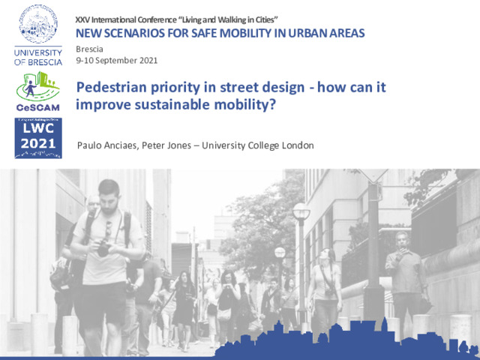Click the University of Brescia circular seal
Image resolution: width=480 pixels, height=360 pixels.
click(x=38, y=23)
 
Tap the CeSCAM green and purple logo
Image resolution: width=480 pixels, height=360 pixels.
click(x=38, y=91)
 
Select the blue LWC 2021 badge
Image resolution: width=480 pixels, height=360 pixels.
click(x=38, y=138)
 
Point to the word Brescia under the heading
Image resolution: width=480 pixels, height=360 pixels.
click(x=89, y=49)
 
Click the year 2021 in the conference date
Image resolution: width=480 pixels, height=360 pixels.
click(x=148, y=60)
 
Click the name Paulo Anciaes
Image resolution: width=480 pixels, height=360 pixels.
click(x=106, y=145)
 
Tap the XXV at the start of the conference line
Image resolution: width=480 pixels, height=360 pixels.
click(x=82, y=20)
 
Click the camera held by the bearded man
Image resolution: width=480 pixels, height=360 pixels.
click(x=103, y=248)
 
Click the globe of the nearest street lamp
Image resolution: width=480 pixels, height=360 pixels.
click(x=301, y=211)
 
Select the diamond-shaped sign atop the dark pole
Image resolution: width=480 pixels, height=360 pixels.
click(x=373, y=175)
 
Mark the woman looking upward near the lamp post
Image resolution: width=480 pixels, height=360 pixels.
click(x=325, y=291)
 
